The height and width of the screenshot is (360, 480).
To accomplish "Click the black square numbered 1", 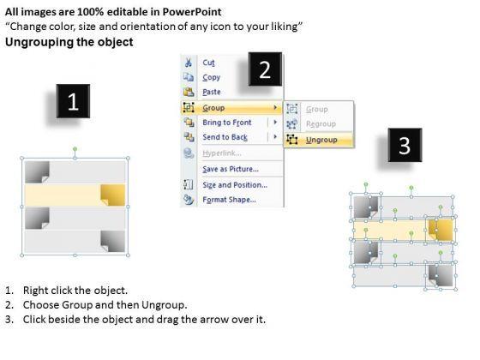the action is [x=73, y=101].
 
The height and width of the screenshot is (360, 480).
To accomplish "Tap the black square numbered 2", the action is [x=265, y=69].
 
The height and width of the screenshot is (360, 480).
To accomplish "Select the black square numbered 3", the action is [x=405, y=145].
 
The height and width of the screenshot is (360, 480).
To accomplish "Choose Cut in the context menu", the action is [x=208, y=63].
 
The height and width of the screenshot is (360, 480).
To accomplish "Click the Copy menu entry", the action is [x=211, y=77].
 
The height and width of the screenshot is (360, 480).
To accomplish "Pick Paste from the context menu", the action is [x=211, y=92].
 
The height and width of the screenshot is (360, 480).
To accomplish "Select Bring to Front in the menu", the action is [x=227, y=123].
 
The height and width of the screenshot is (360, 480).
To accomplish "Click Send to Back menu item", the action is [x=225, y=137].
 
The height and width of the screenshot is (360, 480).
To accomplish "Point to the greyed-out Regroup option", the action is [x=321, y=124].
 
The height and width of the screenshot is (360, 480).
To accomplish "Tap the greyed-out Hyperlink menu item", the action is [x=222, y=153].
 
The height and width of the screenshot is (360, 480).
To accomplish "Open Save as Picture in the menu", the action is [x=231, y=169].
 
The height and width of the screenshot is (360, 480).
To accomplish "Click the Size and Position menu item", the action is [x=235, y=185].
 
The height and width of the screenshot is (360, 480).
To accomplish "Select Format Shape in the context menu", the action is [x=229, y=200].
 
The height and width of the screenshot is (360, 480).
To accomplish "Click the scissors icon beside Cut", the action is [x=189, y=63].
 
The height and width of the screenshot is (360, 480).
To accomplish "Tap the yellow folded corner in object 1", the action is [x=112, y=195].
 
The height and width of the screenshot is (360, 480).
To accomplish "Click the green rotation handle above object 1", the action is [x=75, y=149].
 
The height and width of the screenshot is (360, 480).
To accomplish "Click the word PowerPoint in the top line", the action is [x=192, y=12].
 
